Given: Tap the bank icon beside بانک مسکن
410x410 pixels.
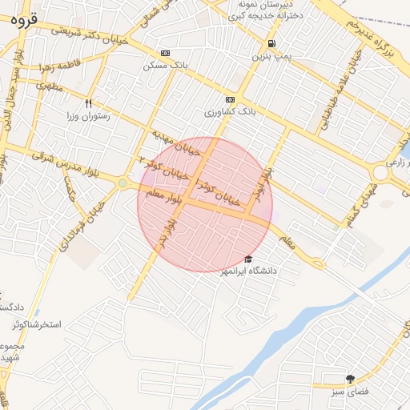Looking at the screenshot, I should click(x=165, y=53).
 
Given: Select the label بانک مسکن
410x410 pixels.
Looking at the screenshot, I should click(x=165, y=65).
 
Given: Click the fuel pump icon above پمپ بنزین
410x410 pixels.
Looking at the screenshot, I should click(x=272, y=43).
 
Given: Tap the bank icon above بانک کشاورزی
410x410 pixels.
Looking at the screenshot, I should click(x=231, y=99).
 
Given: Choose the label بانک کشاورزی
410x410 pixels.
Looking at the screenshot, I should click(x=230, y=113).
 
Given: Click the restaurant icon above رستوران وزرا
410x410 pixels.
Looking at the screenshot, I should click(x=89, y=103).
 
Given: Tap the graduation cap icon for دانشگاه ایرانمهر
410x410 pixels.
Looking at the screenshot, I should click(x=248, y=259).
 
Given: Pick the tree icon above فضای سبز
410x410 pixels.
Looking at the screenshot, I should click(x=350, y=378).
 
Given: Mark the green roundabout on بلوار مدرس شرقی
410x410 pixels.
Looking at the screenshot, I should click(x=123, y=183).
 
